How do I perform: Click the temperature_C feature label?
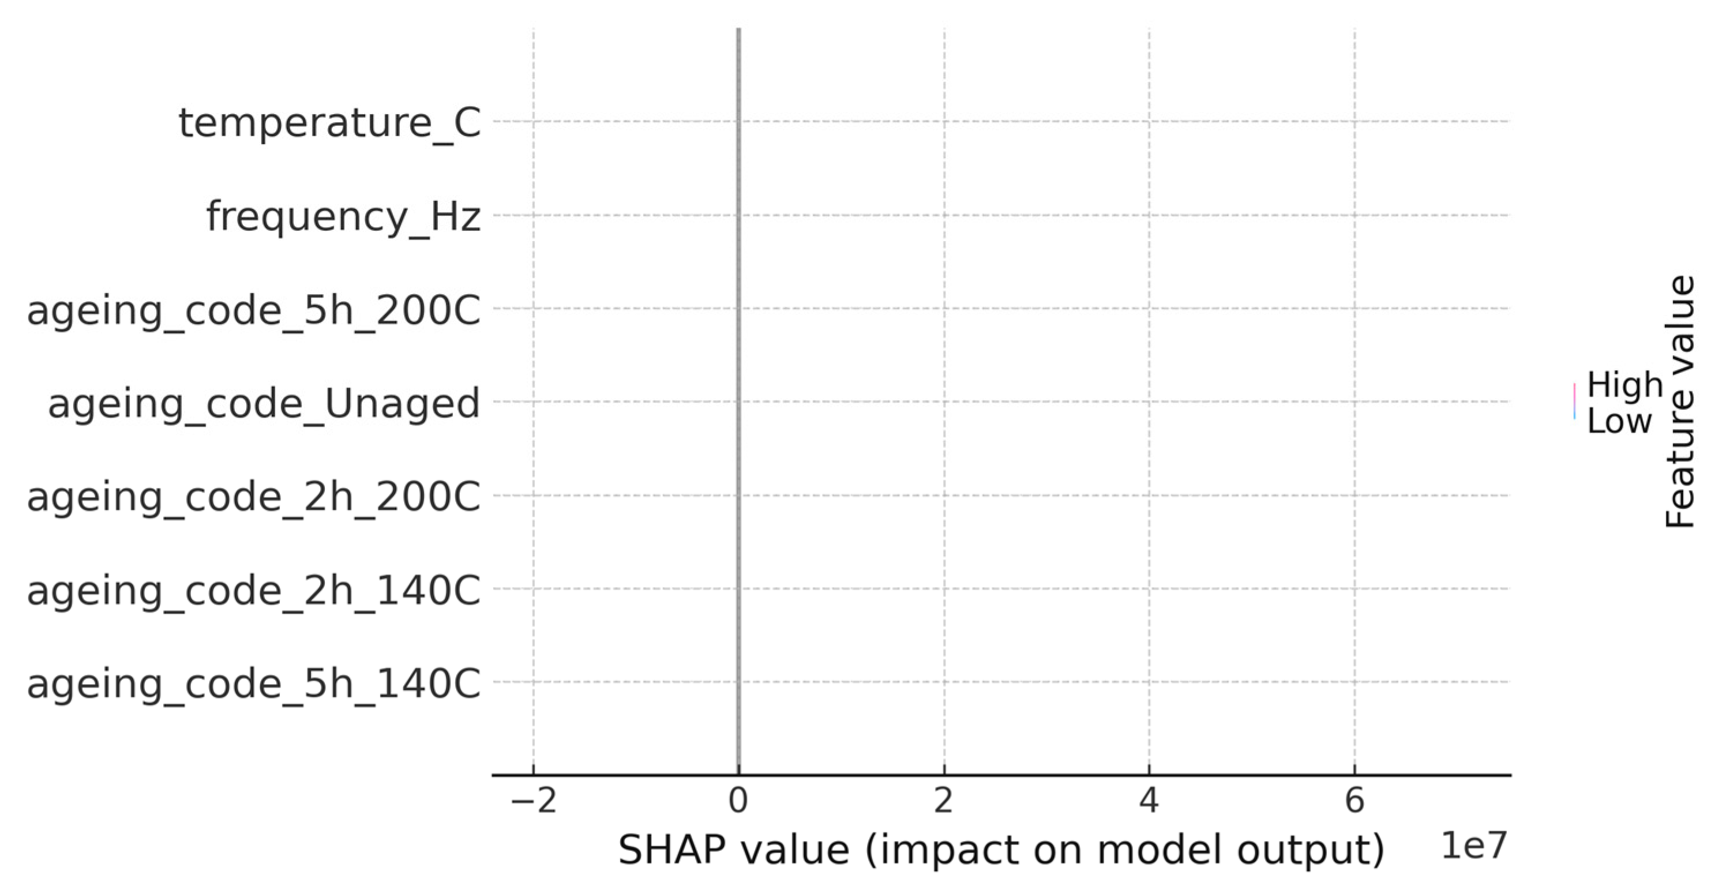click(x=329, y=123)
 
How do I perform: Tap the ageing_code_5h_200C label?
click(x=253, y=310)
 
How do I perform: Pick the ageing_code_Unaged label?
click(x=263, y=403)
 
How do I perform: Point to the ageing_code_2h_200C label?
click(x=253, y=497)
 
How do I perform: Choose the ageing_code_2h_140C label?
click(x=253, y=591)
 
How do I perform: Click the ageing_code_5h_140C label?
click(x=253, y=684)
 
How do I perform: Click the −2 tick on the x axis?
click(x=534, y=801)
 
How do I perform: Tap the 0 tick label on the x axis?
click(x=738, y=801)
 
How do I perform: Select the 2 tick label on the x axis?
click(x=943, y=801)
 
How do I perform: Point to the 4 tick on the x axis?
click(x=1149, y=801)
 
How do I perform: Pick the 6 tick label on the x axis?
click(x=1354, y=801)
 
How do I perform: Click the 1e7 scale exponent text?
click(x=1473, y=846)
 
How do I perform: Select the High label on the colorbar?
click(x=1624, y=385)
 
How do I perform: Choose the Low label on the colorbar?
click(x=1619, y=421)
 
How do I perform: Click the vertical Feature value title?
click(x=1680, y=402)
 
